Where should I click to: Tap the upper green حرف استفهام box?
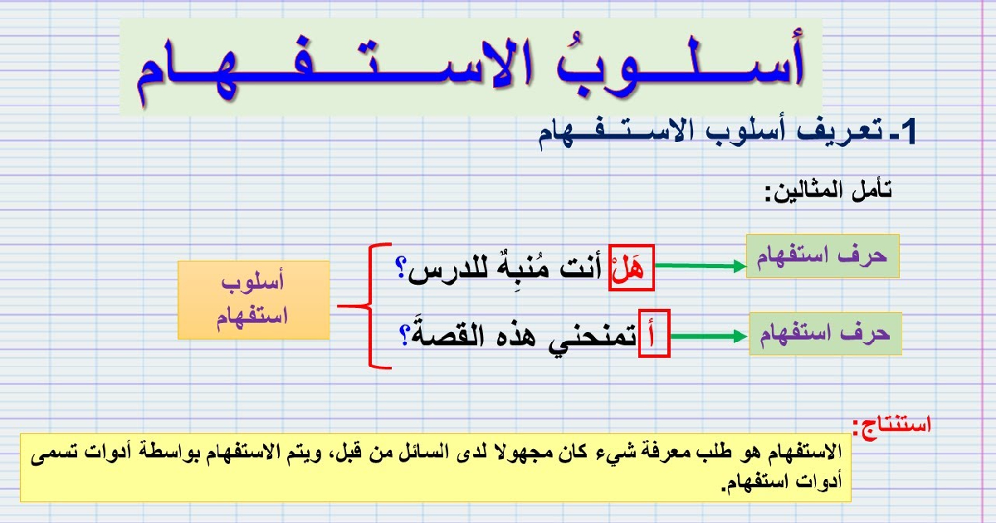pos(823,257)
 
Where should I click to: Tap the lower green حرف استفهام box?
pos(825,334)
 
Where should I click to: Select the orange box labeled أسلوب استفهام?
pos(253,301)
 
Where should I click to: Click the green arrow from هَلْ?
pos(701,266)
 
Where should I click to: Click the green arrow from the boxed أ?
pos(709,336)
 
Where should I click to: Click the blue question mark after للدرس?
pos(401,269)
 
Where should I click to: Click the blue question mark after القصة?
pos(404,335)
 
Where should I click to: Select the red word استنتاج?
pos(891,426)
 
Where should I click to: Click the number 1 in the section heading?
pos(907,132)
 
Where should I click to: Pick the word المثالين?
pos(804,193)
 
